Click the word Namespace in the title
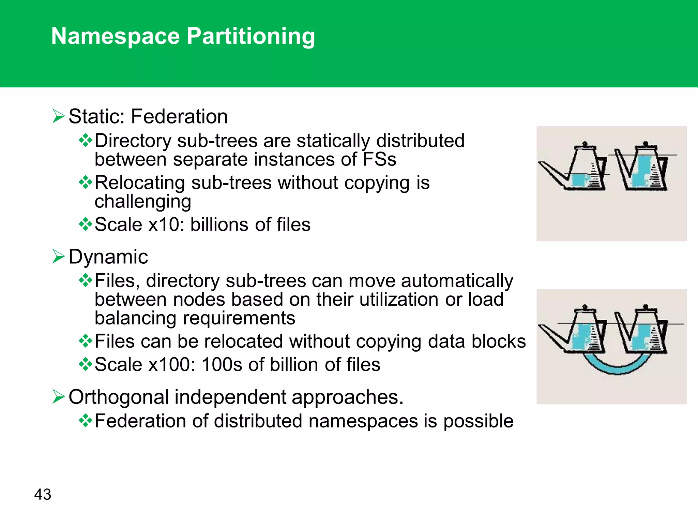pos(115,36)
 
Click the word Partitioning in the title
pos(251,36)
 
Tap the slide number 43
pos(43,494)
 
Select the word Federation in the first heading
pos(179,116)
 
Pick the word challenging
pos(143,201)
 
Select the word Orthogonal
pos(119,397)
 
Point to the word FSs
pos(379,159)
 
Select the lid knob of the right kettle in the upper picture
pos(645,144)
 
